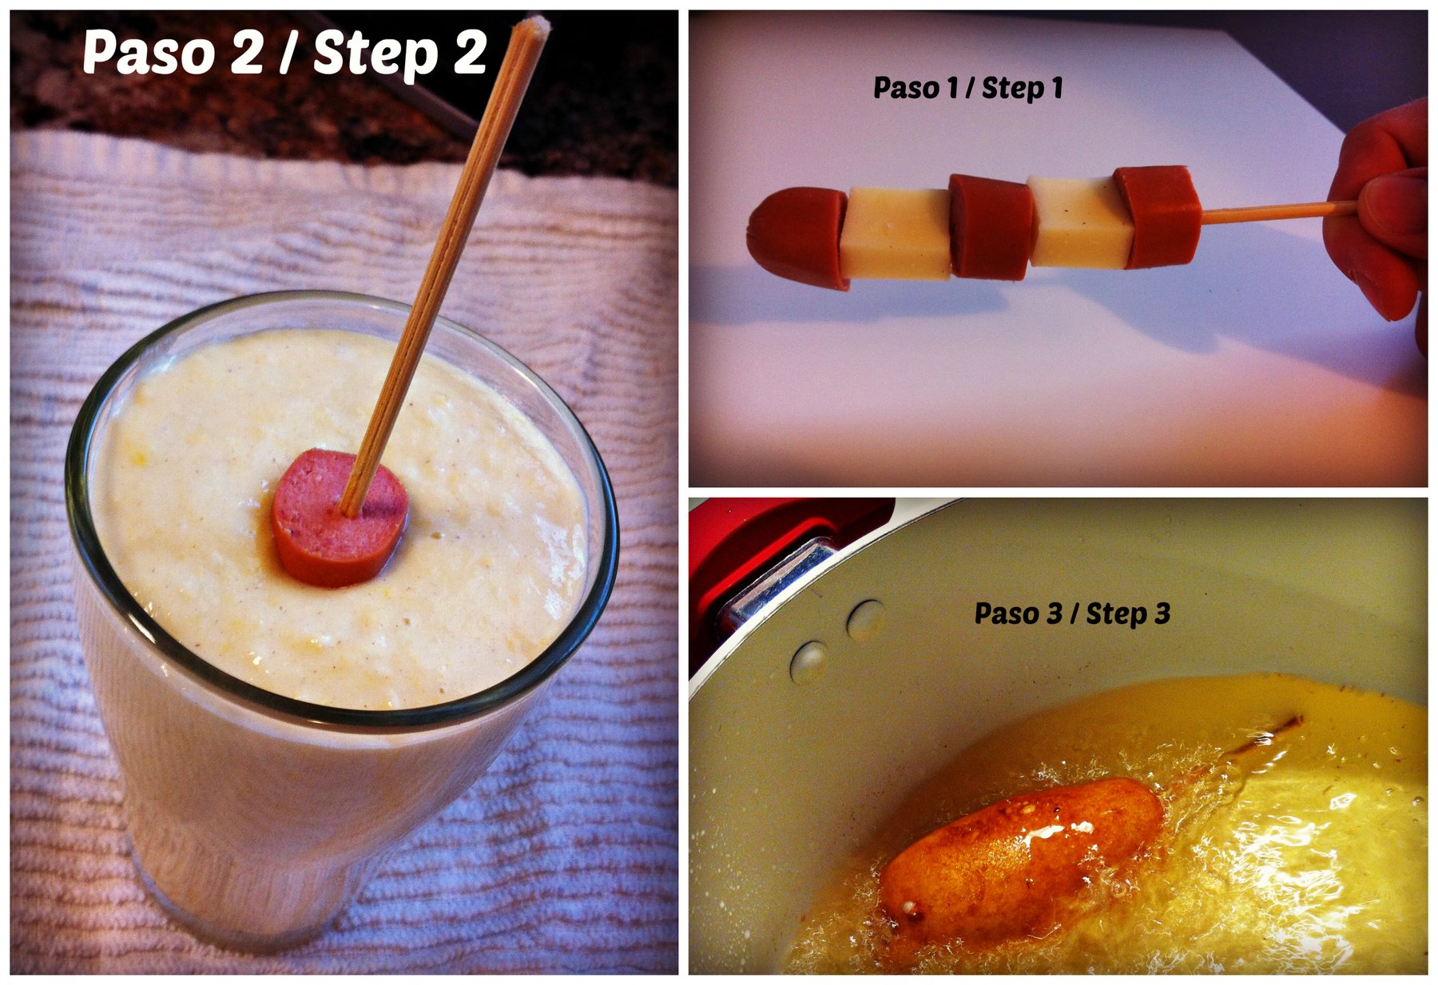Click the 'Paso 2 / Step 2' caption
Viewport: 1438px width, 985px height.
284,53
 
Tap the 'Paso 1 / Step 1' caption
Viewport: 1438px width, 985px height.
968,88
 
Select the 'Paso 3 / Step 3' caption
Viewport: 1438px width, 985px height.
1072,614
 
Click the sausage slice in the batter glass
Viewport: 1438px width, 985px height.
340,517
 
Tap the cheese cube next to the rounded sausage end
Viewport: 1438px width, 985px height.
898,232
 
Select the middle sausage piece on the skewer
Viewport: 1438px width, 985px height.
991,227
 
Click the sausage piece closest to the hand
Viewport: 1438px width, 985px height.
1159,216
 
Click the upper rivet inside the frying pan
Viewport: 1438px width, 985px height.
866,620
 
